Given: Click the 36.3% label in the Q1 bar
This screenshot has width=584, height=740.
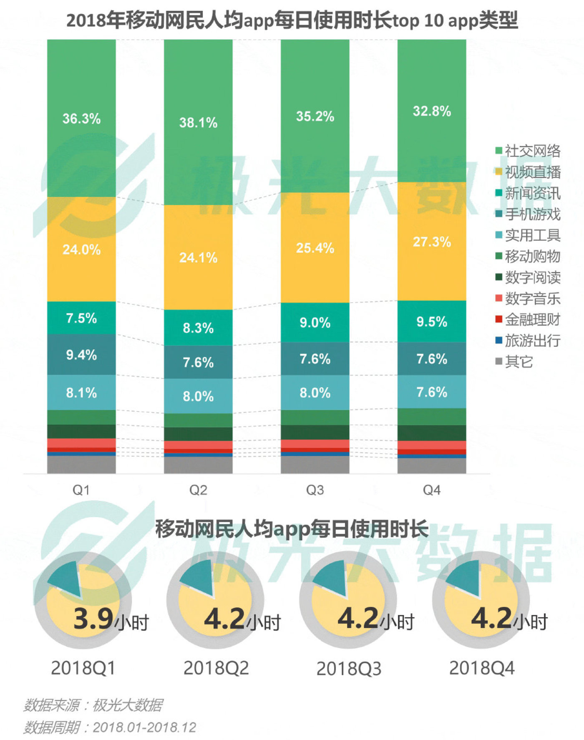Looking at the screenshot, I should click(81, 119).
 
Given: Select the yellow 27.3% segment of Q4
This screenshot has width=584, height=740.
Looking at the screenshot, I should click(432, 242).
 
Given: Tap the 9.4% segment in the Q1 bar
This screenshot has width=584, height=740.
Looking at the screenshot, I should click(81, 355).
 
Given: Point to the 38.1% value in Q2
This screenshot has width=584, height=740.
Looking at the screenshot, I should click(198, 122).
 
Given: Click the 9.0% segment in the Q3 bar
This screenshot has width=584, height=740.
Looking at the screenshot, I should click(315, 322).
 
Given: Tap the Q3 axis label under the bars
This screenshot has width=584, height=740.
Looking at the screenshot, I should click(315, 490).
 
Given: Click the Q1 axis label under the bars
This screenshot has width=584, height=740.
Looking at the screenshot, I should click(81, 490).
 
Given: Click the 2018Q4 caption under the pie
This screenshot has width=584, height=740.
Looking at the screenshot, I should click(482, 668).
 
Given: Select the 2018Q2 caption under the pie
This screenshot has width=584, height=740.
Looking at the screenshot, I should click(216, 668).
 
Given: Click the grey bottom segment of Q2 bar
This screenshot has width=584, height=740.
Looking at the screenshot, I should click(198, 465).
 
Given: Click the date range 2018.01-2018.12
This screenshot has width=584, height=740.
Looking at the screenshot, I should click(144, 727).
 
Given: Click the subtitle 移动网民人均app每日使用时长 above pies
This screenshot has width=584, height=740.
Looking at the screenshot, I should click(292, 529).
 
